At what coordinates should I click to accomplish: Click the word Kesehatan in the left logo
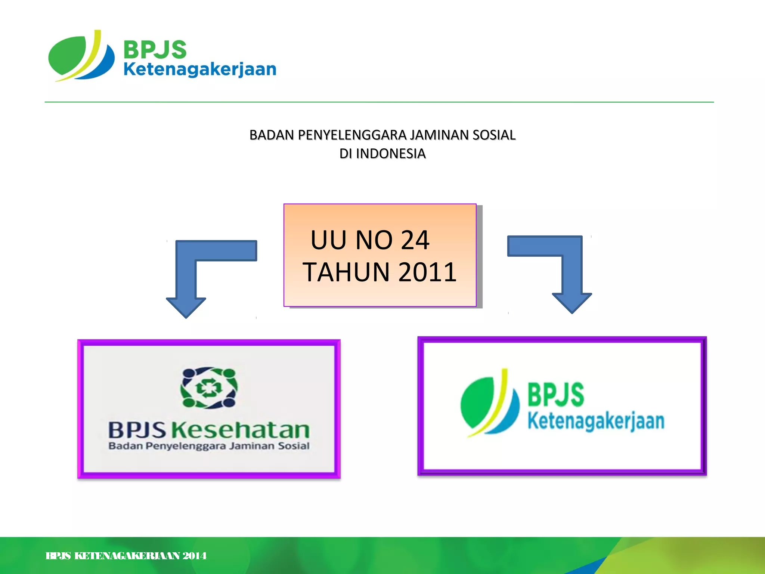click(x=241, y=430)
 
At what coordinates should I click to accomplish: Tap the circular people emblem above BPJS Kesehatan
click(x=209, y=388)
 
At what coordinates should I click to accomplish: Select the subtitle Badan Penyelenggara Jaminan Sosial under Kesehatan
click(x=209, y=446)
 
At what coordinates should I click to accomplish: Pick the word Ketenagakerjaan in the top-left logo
click(x=200, y=70)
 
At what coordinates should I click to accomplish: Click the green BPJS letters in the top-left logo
click(x=155, y=49)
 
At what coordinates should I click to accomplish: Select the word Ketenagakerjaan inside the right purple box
click(x=596, y=422)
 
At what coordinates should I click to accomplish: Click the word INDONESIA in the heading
click(x=391, y=154)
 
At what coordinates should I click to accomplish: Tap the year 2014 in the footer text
click(x=195, y=556)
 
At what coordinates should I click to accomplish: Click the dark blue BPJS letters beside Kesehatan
click(x=137, y=430)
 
